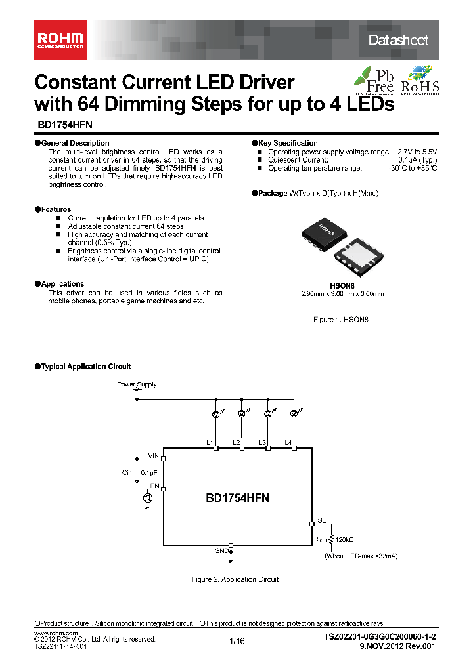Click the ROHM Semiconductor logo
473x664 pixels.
[58, 41]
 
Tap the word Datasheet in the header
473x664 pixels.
[398, 41]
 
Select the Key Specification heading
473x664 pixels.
[288, 143]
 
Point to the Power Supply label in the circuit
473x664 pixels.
[137, 384]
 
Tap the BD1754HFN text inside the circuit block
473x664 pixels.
[237, 498]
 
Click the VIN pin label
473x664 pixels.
[154, 455]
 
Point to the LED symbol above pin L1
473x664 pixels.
[215, 414]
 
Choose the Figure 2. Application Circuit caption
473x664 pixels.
[235, 579]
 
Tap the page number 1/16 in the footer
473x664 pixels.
[237, 642]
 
